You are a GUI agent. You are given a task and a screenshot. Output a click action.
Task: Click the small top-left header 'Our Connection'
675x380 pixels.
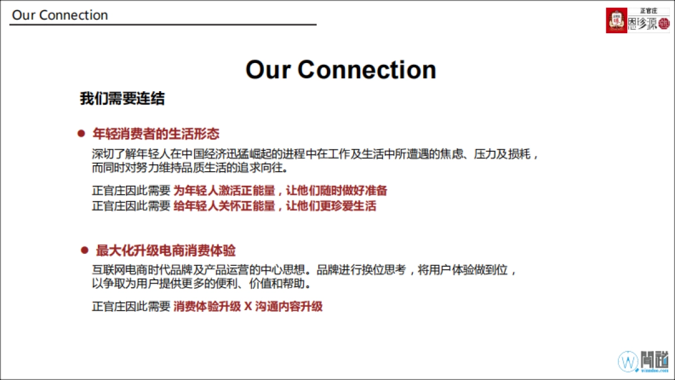tap(60, 15)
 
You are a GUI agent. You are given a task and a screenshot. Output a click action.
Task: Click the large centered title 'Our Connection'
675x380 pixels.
tap(341, 70)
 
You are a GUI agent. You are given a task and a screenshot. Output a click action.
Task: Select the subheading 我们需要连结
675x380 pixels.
tap(122, 99)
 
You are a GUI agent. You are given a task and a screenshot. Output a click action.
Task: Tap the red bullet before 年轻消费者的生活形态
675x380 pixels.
tap(81, 134)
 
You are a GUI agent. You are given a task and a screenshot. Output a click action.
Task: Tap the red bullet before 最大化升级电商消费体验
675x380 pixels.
tap(85, 250)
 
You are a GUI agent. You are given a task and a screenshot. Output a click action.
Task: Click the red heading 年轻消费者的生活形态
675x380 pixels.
tap(156, 134)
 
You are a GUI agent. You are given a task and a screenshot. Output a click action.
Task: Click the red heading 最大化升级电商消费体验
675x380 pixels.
tap(166, 250)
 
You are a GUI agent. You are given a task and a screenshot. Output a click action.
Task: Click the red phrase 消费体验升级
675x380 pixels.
tap(206, 307)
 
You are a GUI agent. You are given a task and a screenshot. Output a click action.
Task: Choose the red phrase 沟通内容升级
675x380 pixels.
tap(289, 307)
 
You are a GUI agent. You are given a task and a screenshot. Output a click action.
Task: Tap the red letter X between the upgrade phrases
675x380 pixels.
tap(247, 307)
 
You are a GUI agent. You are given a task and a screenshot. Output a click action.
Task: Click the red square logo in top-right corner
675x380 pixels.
tap(616, 21)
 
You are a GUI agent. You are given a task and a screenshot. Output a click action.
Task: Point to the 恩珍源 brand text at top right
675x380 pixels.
tap(642, 25)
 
